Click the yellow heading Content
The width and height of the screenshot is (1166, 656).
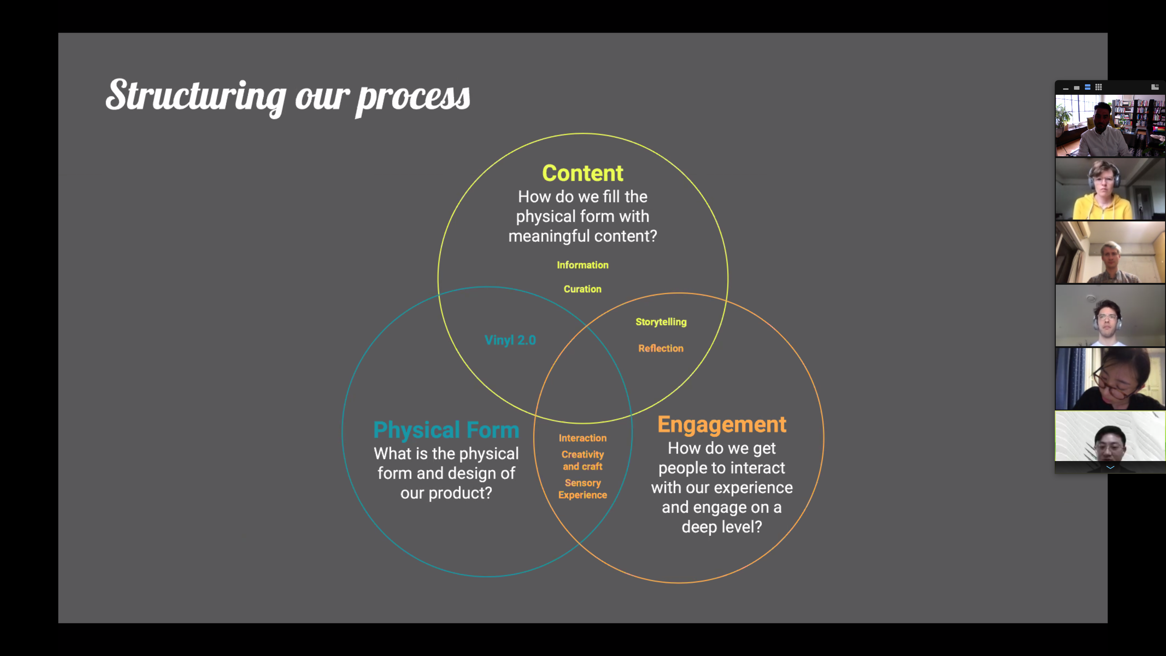click(583, 173)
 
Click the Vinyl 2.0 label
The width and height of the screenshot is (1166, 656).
click(510, 340)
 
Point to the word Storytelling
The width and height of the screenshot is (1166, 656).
click(661, 322)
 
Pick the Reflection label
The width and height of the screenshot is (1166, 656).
click(661, 348)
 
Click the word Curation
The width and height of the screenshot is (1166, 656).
click(583, 289)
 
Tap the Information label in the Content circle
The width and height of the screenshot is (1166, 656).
click(583, 265)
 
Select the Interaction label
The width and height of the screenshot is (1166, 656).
click(583, 438)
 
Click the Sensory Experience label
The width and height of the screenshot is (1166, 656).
click(583, 489)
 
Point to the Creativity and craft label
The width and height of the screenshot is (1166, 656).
click(583, 460)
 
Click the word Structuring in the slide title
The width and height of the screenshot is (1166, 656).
click(196, 96)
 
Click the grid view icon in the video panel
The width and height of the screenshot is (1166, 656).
click(1099, 87)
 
